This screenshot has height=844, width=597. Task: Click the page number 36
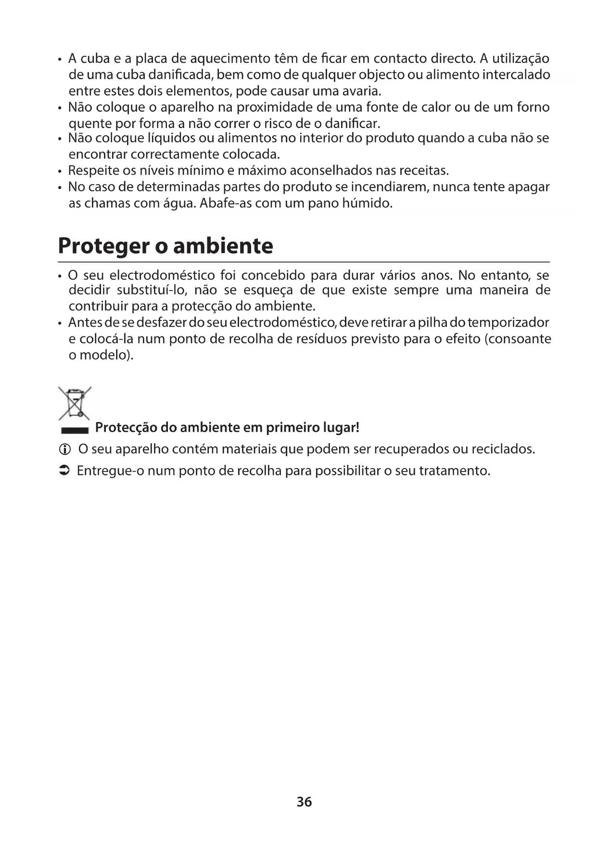(x=304, y=802)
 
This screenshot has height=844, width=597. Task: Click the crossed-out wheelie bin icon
(x=75, y=403)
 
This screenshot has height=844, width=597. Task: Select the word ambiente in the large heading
(x=223, y=246)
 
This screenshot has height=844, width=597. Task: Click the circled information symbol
(x=64, y=449)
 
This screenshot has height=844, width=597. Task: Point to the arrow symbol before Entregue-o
(x=64, y=471)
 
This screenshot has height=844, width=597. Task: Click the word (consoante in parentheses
(x=518, y=339)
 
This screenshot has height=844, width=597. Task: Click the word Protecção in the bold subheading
(x=126, y=427)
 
